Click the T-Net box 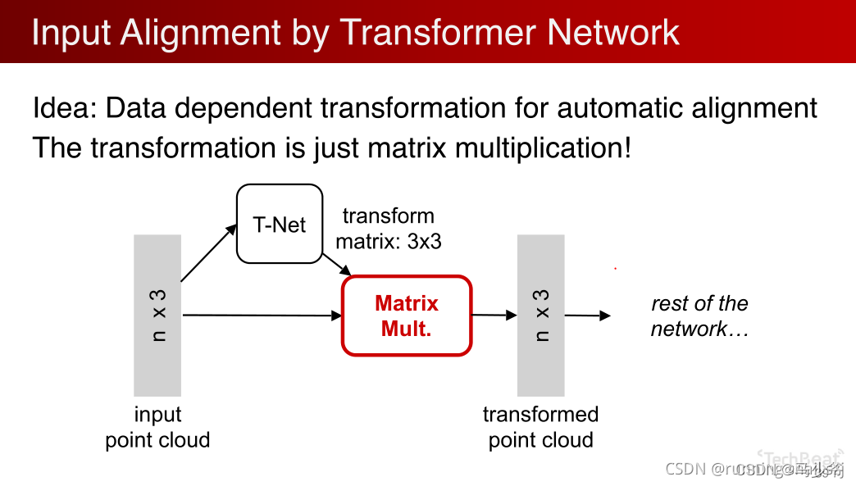coord(280,224)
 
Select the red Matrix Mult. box coord(407,316)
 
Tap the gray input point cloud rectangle coord(157,316)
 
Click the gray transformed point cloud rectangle coord(540,316)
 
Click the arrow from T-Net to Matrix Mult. coord(337,263)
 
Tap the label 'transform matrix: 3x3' coord(389,229)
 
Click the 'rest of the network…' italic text coord(699,316)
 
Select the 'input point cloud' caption coord(157,427)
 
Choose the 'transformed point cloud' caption coord(540,427)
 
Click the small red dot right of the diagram coord(615,268)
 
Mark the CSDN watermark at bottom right coord(754,470)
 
